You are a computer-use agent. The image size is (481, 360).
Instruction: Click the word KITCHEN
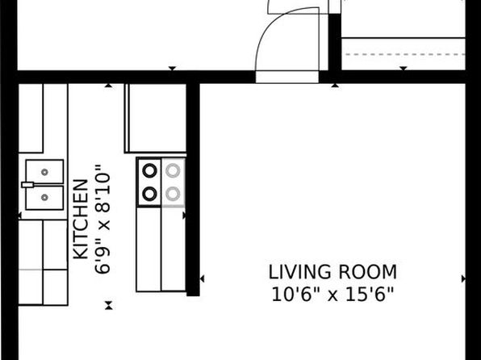(x=82, y=219)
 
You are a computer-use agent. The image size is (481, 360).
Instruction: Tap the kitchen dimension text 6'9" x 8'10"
(x=102, y=219)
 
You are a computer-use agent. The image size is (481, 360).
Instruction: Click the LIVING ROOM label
(x=333, y=272)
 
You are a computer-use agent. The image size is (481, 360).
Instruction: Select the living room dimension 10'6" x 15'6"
(x=333, y=295)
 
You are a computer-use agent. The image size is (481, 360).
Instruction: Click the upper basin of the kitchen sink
(x=44, y=172)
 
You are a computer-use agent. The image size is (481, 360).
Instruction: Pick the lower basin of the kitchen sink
(x=44, y=197)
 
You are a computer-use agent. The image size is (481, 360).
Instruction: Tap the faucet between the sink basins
(x=27, y=185)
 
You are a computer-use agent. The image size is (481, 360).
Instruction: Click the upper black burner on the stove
(x=149, y=170)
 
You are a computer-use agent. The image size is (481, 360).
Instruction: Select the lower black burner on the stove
(x=149, y=194)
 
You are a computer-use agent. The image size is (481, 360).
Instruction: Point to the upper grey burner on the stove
(x=173, y=170)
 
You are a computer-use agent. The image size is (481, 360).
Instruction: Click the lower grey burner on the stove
(x=173, y=194)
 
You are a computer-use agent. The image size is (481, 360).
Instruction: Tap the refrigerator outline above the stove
(x=155, y=118)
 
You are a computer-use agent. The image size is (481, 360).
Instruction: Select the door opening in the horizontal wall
(x=287, y=77)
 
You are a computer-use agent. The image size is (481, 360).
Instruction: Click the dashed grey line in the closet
(x=405, y=54)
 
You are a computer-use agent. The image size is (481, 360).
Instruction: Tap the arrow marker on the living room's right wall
(x=463, y=278)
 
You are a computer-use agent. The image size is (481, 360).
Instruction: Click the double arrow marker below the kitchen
(x=109, y=305)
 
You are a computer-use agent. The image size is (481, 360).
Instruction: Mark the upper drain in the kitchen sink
(x=44, y=172)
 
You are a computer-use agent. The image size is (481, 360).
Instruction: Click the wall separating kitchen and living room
(x=193, y=190)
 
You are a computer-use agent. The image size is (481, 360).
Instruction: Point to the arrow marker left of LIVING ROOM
(x=202, y=278)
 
